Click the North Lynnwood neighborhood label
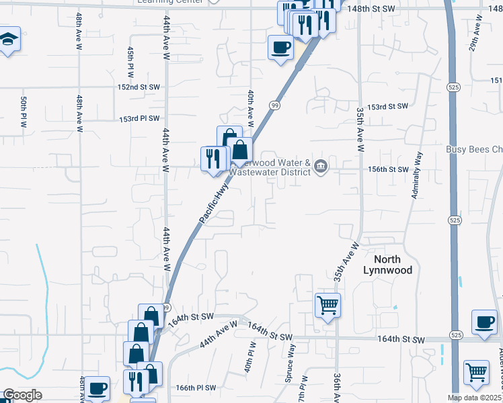(x=382, y=264)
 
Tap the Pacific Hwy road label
(x=215, y=206)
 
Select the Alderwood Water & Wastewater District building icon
(x=321, y=167)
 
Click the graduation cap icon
(x=8, y=40)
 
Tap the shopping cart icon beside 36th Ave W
(x=328, y=306)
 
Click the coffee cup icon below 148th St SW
(x=280, y=47)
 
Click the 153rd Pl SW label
(x=139, y=118)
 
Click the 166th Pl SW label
(x=196, y=388)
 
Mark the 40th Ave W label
(x=250, y=108)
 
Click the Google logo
(x=22, y=395)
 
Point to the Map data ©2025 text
(x=475, y=398)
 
